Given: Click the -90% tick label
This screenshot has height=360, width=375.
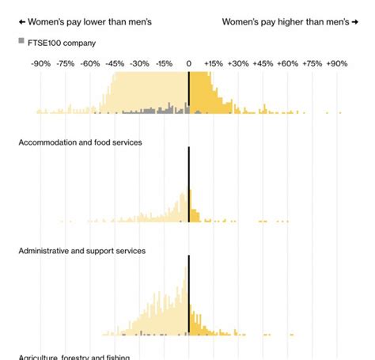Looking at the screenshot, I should tap(40, 63).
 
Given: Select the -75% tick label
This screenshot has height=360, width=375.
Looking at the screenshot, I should tap(66, 63).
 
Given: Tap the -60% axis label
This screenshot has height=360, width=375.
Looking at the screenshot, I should tap(90, 63).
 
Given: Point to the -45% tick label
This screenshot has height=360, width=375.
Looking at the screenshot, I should tap(115, 63).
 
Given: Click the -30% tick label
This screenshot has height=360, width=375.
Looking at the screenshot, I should tap(139, 63).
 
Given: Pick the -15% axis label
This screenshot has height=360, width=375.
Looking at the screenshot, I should tap(164, 63).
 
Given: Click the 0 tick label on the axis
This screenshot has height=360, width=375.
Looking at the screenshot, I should tap(188, 63).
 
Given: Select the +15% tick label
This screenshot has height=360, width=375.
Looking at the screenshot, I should tap(213, 63).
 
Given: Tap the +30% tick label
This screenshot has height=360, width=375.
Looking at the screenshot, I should tap(237, 63).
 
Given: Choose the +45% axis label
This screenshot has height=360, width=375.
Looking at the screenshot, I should tap(263, 63).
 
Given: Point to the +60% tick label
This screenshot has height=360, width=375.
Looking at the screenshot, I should tap(287, 63).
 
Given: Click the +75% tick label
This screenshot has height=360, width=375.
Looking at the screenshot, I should tap(312, 63).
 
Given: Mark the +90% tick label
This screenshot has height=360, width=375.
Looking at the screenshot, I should tap(336, 63).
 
